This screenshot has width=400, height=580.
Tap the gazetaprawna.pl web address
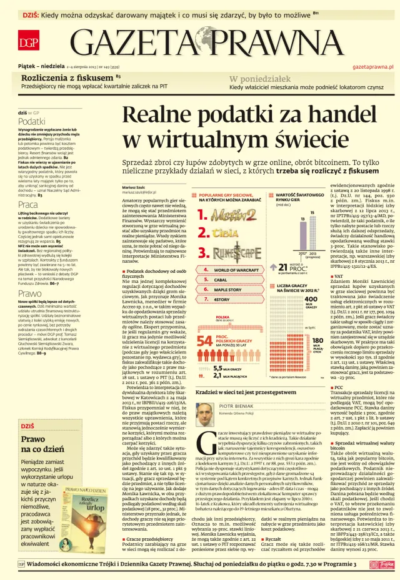pos(372,66)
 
